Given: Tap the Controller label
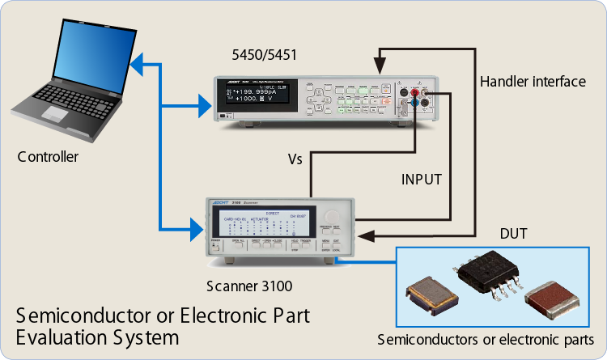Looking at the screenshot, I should click(48, 156).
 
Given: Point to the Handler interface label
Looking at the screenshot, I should click(532, 82).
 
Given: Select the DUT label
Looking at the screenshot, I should click(513, 235).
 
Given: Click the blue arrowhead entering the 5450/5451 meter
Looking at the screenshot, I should click(203, 103).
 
